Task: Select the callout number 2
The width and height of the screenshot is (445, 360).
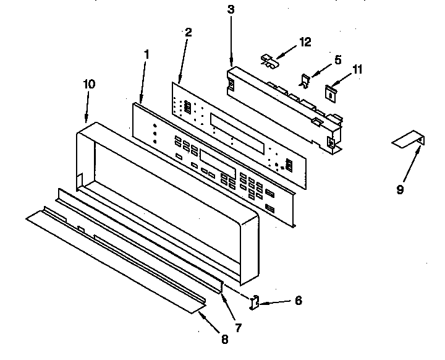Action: tap(188, 33)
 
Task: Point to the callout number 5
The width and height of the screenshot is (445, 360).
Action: tap(337, 60)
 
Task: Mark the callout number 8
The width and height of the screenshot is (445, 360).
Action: tap(223, 338)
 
